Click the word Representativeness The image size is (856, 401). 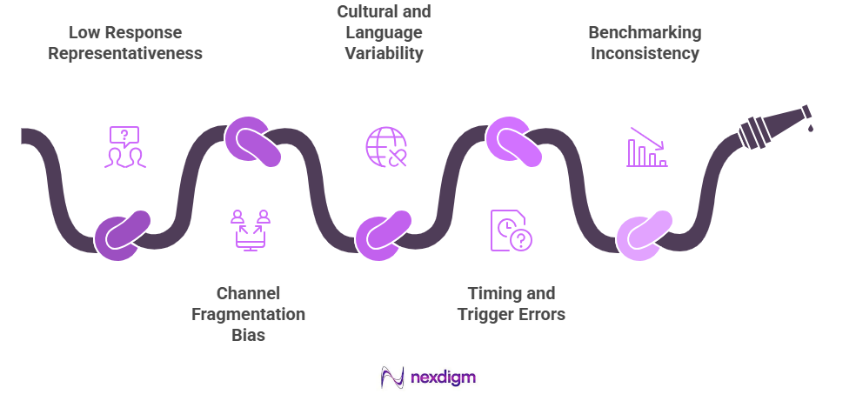[125, 53]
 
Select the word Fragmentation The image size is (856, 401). [248, 313]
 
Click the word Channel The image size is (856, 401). [248, 292]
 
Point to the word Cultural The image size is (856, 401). [384, 12]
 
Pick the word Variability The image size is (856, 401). [384, 53]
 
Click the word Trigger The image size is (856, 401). [486, 313]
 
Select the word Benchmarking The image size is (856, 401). [644, 33]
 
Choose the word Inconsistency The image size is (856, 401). [644, 53]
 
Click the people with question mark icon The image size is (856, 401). [125, 147]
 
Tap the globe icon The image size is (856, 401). [385, 146]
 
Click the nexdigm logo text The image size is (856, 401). [445, 378]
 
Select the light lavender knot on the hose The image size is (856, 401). [644, 235]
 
